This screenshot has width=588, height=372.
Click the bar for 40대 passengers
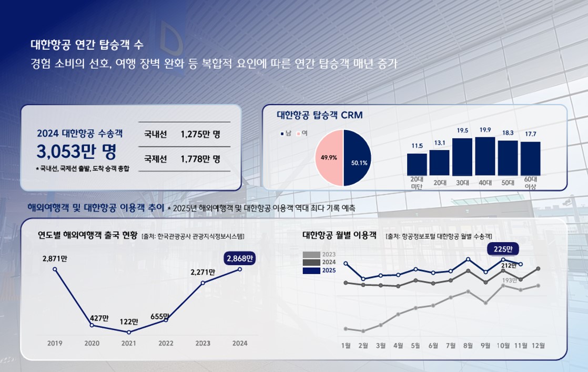pos(485,156)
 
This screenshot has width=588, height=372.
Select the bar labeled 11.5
pos(417,164)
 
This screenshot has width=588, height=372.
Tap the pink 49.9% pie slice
pos(329,157)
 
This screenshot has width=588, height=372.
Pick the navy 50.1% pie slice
pos(358,158)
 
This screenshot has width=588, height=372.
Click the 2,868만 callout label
pos(240,258)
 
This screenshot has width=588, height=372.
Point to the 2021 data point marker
pos(129,332)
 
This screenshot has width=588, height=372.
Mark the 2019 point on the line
pos(55,269)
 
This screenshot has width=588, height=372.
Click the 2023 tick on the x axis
pos(203,343)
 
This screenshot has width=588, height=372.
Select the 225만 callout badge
pos(503,249)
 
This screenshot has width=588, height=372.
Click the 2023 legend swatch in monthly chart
pos(312,255)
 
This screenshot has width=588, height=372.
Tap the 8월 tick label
pos(468,345)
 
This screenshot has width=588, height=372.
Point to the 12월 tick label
pos(538,345)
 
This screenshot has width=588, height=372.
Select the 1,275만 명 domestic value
pos(200,134)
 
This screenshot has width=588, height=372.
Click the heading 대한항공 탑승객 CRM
pos(320,115)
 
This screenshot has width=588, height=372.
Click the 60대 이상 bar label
pos(530,183)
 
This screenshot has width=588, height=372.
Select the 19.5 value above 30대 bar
pos(462,130)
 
